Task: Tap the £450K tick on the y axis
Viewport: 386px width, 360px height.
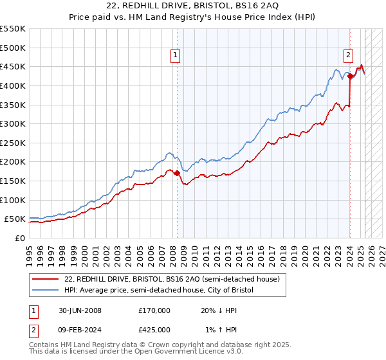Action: pyautogui.click(x=13, y=66)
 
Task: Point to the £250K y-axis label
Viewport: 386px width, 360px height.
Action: pyautogui.click(x=13, y=143)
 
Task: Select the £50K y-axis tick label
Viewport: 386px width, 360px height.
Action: pyautogui.click(x=15, y=219)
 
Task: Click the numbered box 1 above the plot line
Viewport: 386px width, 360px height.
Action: pyautogui.click(x=175, y=56)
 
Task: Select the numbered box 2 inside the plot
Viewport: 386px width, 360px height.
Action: pyautogui.click(x=348, y=56)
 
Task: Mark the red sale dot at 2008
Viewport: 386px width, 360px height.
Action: pyautogui.click(x=177, y=173)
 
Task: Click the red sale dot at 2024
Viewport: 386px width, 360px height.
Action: pyautogui.click(x=350, y=76)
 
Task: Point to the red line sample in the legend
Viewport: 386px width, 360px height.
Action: pyautogui.click(x=46, y=280)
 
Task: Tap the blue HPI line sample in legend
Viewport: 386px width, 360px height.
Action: pyautogui.click(x=46, y=291)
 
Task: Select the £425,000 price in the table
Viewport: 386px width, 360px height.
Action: pyautogui.click(x=154, y=330)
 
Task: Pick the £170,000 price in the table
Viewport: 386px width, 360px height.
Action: pyautogui.click(x=154, y=310)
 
